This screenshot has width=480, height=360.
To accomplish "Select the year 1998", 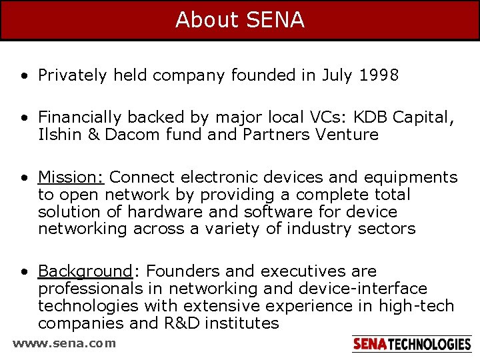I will coord(378,75).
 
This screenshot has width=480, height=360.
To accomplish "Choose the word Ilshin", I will coord(57,135).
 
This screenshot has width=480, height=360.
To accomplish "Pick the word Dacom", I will coord(127,135).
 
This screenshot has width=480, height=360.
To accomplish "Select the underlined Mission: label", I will coord(71,177).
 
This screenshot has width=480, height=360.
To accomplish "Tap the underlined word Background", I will coord(85,271).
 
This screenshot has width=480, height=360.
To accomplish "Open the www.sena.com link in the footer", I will coord(64,343).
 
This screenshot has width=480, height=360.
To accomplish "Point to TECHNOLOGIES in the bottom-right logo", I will coord(429,344).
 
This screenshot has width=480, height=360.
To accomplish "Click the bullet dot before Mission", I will coord(23,178).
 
